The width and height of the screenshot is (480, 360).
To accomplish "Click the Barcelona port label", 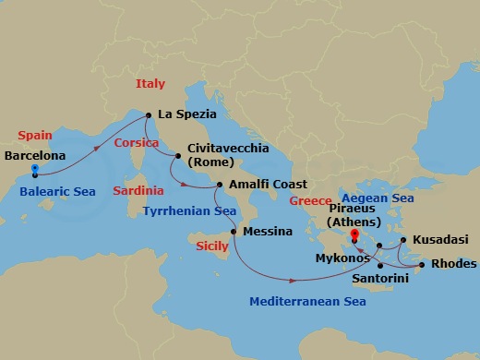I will [35, 156].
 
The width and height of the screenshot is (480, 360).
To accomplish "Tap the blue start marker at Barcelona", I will [35, 170].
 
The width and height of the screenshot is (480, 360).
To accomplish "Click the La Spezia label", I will [187, 114].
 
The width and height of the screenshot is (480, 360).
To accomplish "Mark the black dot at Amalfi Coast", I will [219, 186].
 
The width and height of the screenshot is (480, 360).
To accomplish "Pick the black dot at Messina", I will [234, 231].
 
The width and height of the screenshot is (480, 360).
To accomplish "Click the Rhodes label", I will [453, 264].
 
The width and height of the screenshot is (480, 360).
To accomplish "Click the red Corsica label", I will [137, 143].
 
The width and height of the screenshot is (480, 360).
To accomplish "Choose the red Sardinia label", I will [138, 191].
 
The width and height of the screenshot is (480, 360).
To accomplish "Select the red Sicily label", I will [213, 246].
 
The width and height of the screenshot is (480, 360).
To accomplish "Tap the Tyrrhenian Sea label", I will [190, 211].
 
